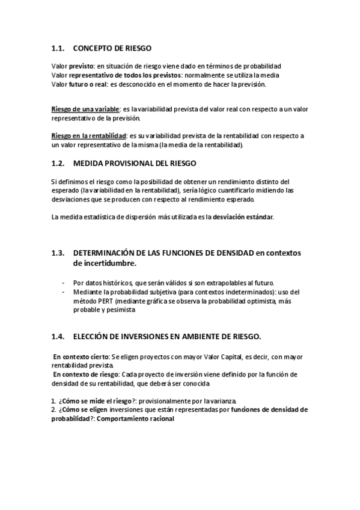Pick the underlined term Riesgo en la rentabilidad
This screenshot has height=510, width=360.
coord(93,137)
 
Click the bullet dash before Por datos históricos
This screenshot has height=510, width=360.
coord(64,283)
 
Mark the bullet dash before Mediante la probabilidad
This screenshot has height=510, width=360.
coord(64,292)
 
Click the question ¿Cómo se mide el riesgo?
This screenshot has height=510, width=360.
coord(97,400)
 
